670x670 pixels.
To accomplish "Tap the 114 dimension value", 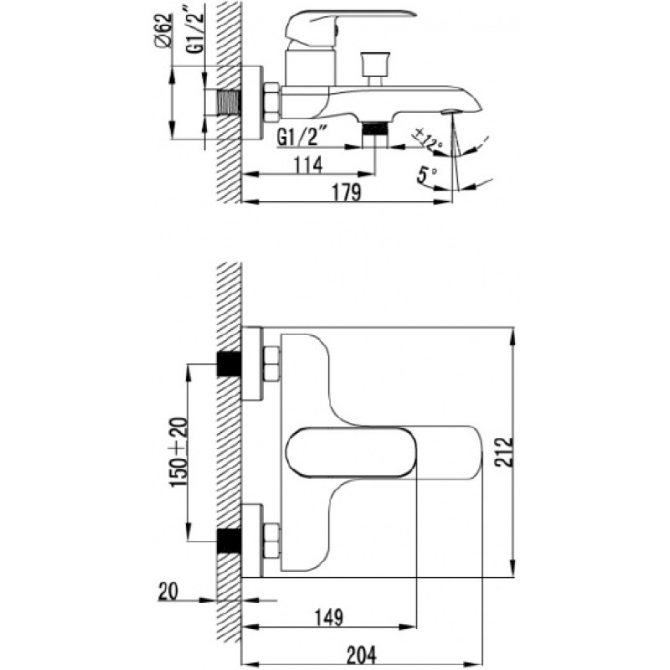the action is click(x=307, y=164).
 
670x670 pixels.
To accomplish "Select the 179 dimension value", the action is click(x=347, y=192).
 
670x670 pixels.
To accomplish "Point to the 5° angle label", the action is click(x=427, y=175).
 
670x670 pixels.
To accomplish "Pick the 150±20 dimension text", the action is click(x=179, y=452).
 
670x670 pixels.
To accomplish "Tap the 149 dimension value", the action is click(x=328, y=616).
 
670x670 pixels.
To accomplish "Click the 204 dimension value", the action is click(x=362, y=655).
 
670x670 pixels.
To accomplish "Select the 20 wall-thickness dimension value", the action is click(x=168, y=592).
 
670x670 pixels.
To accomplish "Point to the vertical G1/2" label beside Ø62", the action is click(x=195, y=29).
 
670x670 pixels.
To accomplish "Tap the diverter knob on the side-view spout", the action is click(x=375, y=69).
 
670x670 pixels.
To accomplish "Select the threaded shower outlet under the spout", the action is click(x=374, y=135).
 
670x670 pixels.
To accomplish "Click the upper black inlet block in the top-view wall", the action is click(x=229, y=363).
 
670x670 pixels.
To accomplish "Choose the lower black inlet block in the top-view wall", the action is click(x=229, y=541).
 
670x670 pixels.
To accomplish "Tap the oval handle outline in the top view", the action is click(x=351, y=452).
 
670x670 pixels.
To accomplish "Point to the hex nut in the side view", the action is click(x=271, y=102).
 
